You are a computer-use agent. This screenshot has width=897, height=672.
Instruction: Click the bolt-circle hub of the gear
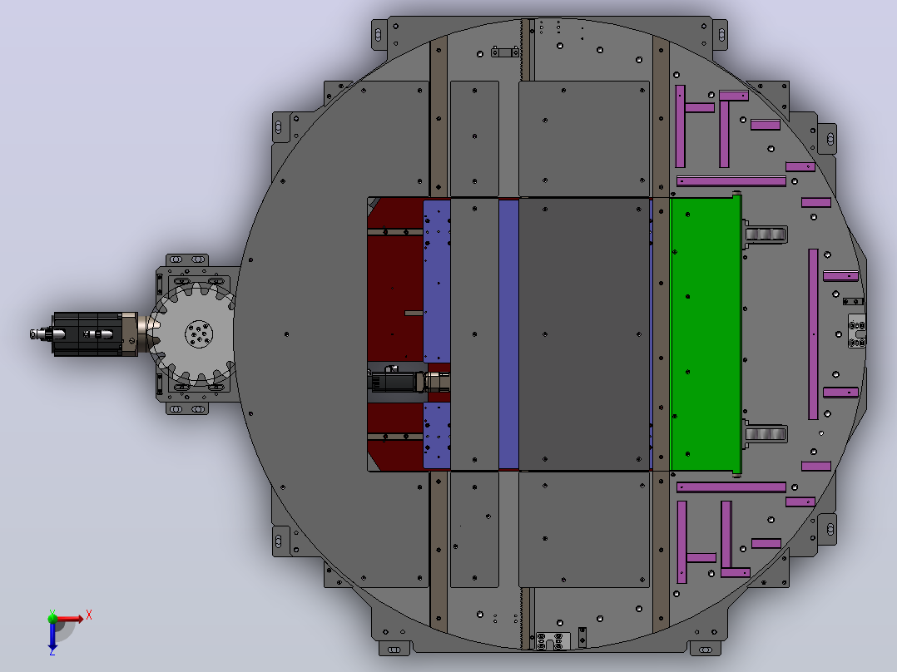point(199,334)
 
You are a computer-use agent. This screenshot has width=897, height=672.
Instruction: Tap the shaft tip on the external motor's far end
point(34,334)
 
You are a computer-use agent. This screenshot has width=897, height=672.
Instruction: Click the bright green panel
point(706,334)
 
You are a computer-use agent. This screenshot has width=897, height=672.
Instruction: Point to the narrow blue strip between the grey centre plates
point(508,334)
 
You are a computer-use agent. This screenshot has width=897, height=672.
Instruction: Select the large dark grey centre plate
point(584,334)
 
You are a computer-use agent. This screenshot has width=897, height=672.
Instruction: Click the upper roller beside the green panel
point(766,235)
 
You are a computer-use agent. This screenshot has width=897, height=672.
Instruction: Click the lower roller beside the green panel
point(766,434)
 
